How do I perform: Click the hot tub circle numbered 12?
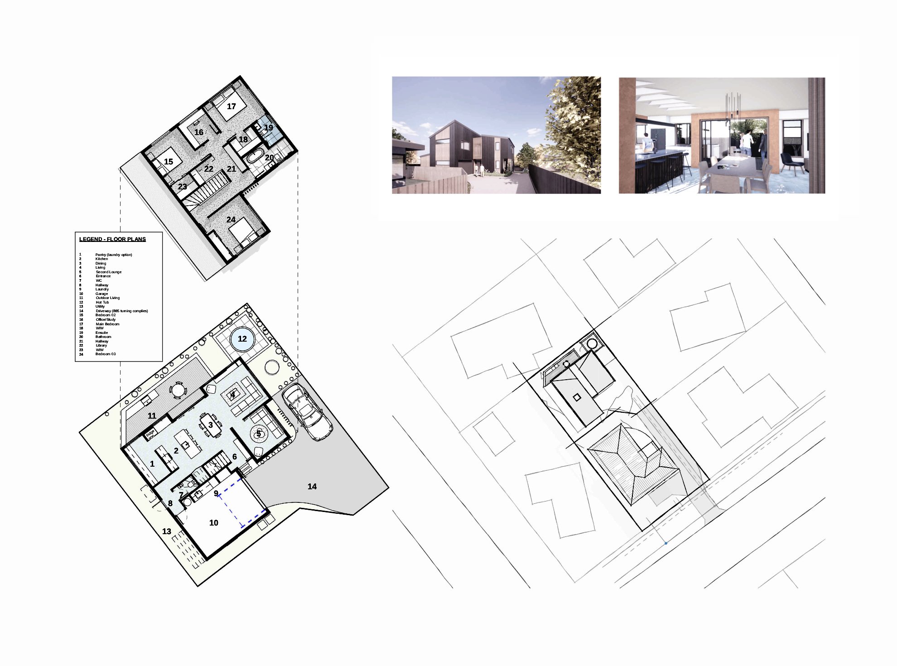[242, 339]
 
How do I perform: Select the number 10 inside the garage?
[214, 523]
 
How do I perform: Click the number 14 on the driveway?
[312, 487]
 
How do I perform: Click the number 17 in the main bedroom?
[231, 106]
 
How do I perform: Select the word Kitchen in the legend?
[102, 259]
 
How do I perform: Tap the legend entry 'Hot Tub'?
[102, 302]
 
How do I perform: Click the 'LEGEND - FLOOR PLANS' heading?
[112, 239]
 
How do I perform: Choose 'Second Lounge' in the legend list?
[109, 272]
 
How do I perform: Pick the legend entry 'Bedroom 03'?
[106, 354]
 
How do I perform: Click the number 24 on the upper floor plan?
[231, 220]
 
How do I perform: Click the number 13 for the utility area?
[167, 531]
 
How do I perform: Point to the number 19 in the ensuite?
[269, 128]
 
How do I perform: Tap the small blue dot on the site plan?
[666, 543]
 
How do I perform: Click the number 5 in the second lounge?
[259, 434]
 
